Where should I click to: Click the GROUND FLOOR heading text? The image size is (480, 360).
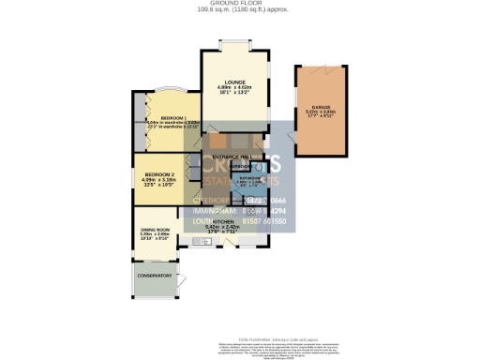pyautogui.click(x=240, y=4)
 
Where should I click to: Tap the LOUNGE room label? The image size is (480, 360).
pyautogui.click(x=234, y=81)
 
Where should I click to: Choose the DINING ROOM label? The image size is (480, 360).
pyautogui.click(x=156, y=230)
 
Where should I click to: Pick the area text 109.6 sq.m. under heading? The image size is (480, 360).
pyautogui.click(x=240, y=10)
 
